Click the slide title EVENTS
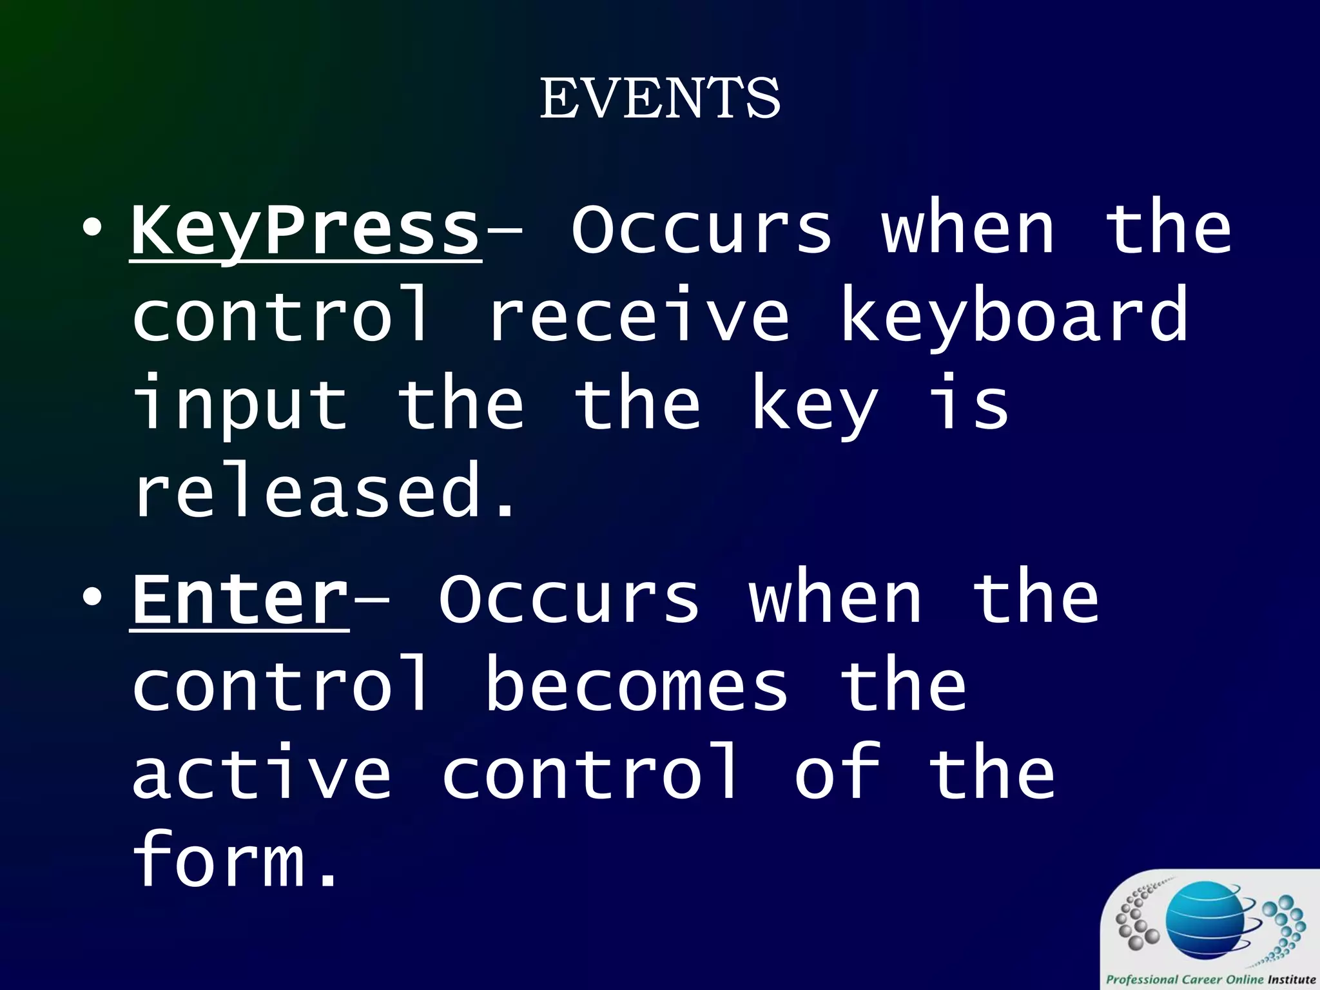pyautogui.click(x=660, y=99)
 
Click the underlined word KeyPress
pyautogui.click(x=306, y=230)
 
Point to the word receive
pyautogui.click(x=638, y=317)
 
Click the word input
pyautogui.click(x=240, y=406)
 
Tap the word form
pyautogui.click(x=219, y=860)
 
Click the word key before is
pyautogui.click(x=815, y=406)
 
